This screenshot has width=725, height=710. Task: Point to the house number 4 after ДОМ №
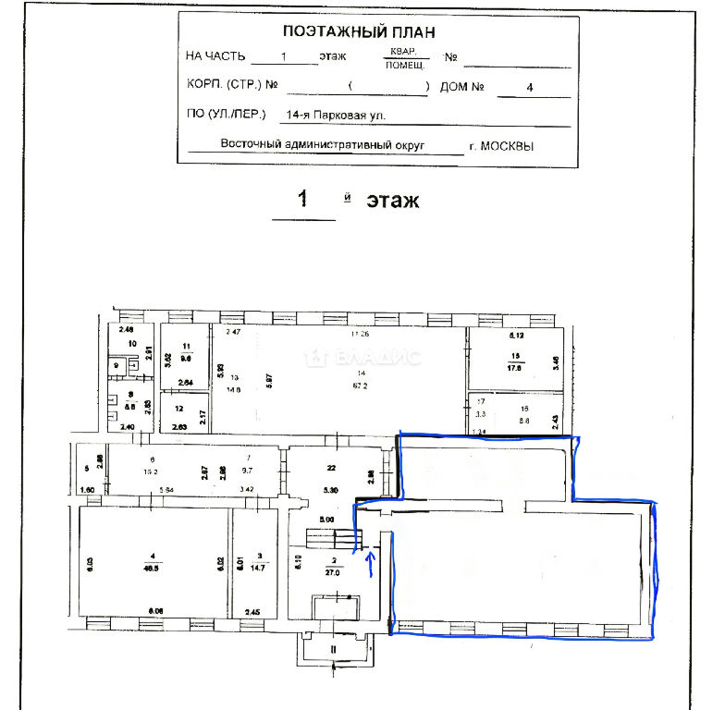[529, 89]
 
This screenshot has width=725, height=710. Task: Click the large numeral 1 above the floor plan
[302, 200]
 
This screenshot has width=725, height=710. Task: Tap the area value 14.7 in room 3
[260, 568]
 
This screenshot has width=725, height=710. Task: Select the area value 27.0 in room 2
[333, 571]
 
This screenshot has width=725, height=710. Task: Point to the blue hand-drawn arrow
[371, 562]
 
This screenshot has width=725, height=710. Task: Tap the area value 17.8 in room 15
[514, 366]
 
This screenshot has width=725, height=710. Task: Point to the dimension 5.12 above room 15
[516, 335]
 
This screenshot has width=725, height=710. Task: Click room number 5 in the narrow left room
[86, 467]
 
